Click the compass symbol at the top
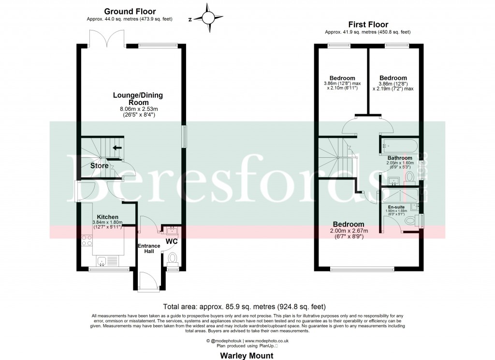point(208,18)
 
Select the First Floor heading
point(368,24)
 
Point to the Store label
point(99,166)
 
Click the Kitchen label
point(107,217)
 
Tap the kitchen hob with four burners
point(87,240)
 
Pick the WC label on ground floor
point(172,240)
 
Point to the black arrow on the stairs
point(116,148)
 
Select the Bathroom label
point(399,158)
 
